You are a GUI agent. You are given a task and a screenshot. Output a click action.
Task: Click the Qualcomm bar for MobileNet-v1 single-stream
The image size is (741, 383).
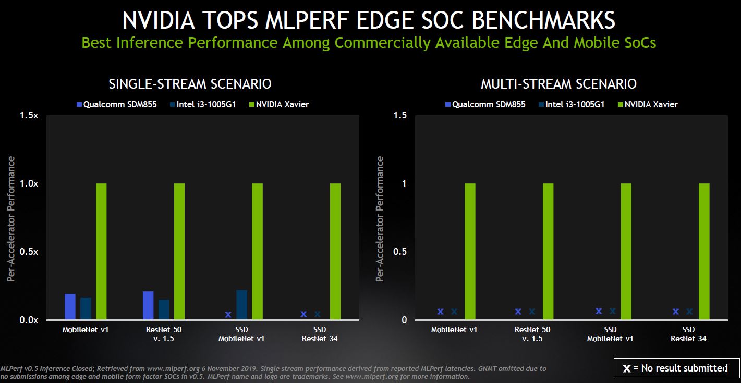click(x=70, y=307)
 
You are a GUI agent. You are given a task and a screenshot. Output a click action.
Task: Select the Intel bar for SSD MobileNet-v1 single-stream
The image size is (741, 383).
click(x=242, y=305)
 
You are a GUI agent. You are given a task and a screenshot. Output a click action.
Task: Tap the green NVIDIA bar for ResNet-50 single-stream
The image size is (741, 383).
click(x=179, y=251)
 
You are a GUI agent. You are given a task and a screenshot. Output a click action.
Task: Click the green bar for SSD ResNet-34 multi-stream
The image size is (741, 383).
click(x=704, y=251)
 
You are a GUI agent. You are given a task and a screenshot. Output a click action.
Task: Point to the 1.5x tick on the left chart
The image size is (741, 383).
click(x=30, y=115)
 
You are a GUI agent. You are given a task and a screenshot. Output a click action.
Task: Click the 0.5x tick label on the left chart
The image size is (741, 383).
click(x=30, y=252)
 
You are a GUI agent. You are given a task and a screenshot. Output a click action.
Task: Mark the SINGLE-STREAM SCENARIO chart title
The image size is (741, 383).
click(x=190, y=84)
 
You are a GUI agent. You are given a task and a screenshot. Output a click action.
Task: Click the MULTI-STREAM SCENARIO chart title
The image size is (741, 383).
click(x=558, y=84)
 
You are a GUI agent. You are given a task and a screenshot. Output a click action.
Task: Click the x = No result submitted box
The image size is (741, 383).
click(x=676, y=368)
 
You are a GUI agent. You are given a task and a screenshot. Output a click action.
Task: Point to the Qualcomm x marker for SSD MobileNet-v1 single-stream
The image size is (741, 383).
click(x=228, y=314)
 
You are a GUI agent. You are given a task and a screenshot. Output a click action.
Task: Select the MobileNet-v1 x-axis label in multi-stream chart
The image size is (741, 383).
click(x=454, y=330)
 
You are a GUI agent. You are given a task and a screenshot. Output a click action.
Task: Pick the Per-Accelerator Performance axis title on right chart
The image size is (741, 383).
click(x=380, y=219)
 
